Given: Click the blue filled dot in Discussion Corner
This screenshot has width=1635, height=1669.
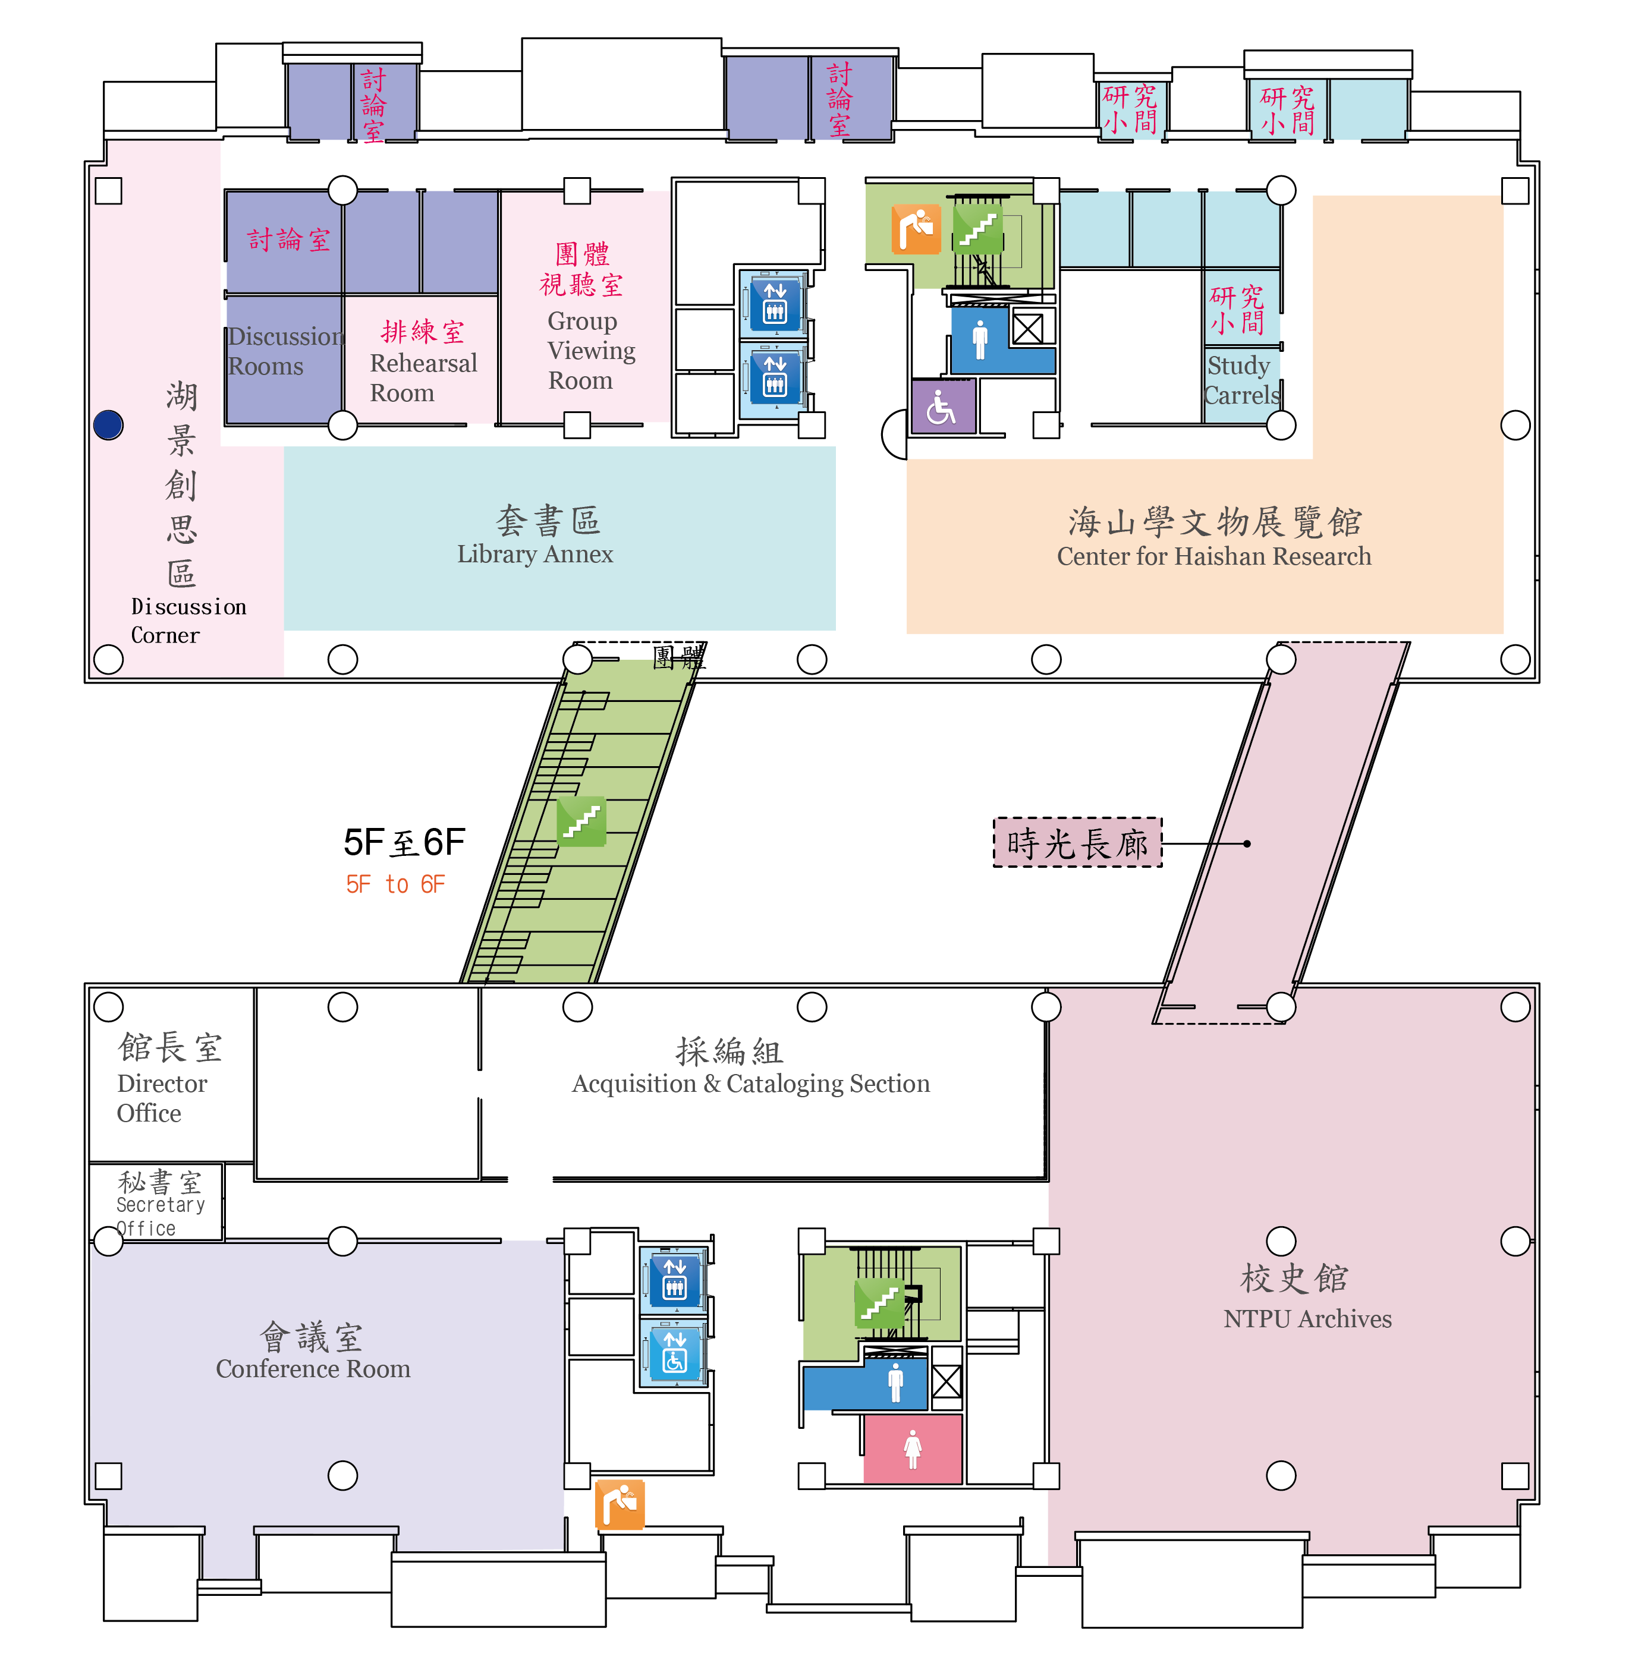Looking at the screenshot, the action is pyautogui.click(x=108, y=425).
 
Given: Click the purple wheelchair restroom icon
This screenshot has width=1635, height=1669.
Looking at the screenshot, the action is pyautogui.click(x=943, y=407).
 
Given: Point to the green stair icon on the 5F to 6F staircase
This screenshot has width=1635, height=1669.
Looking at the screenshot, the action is pyautogui.click(x=581, y=821).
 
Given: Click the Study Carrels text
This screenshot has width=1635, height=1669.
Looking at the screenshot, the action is pyautogui.click(x=1241, y=380).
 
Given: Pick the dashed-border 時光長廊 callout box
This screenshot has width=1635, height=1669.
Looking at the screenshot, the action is pyautogui.click(x=1078, y=843).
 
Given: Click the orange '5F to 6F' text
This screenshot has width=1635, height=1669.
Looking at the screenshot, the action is pyautogui.click(x=396, y=884).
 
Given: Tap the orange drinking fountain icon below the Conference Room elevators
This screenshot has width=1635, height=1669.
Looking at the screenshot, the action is pyautogui.click(x=620, y=1504).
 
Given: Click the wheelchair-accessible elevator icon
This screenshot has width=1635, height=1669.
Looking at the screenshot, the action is pyautogui.click(x=675, y=1352).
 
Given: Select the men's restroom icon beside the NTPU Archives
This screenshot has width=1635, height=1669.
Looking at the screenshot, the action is pyautogui.click(x=895, y=1383).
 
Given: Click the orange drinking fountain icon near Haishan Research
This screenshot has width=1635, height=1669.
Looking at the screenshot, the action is pyautogui.click(x=916, y=229).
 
